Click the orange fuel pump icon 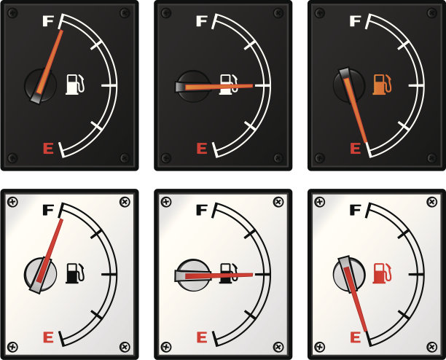point(382,85)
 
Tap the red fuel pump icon point(382,273)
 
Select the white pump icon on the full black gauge point(75,85)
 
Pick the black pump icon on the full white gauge point(75,273)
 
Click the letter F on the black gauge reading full point(48,21)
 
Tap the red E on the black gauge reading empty point(355,149)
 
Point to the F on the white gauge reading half point(202,210)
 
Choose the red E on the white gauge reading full point(48,337)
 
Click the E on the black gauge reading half point(202,149)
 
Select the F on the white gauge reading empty point(355,210)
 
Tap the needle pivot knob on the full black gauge point(40,85)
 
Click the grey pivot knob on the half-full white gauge point(193,275)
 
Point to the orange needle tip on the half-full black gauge point(252,85)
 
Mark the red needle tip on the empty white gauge point(367,330)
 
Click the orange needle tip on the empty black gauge point(367,141)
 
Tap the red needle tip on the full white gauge point(62,220)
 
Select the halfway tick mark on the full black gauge point(109,85)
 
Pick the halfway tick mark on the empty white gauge point(416,275)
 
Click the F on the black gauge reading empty point(355,21)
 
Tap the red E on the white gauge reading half point(202,337)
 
